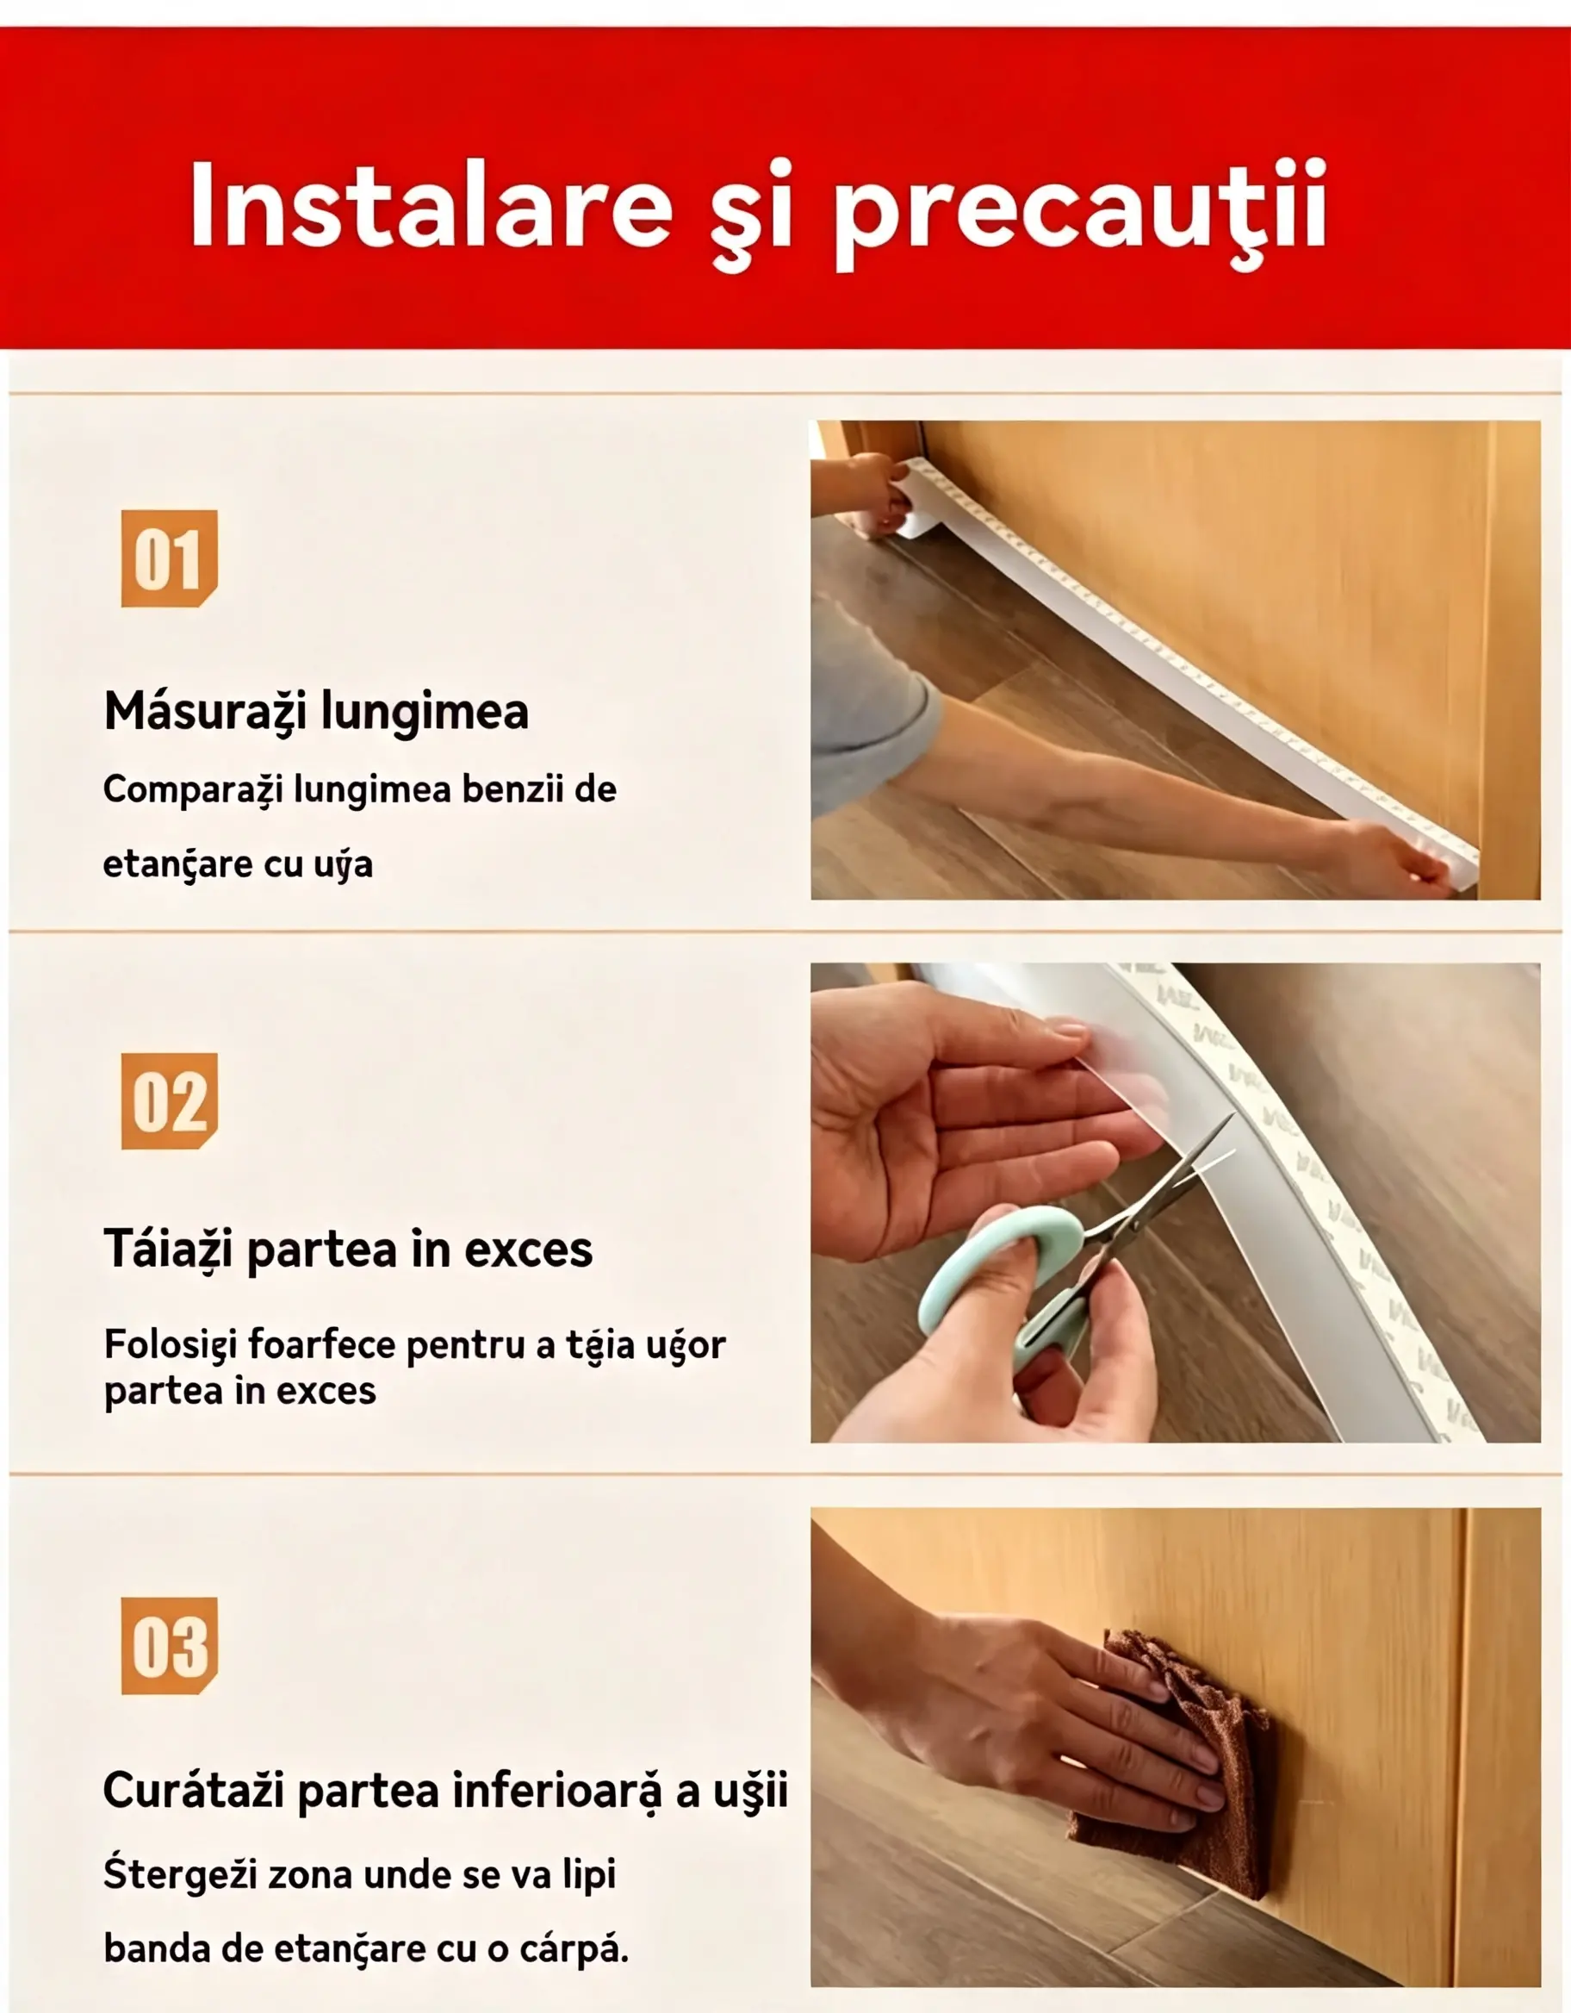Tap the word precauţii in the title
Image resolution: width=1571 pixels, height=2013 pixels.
(x=1080, y=214)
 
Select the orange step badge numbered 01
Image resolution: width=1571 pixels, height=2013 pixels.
(x=170, y=558)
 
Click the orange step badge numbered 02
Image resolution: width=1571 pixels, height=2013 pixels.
(x=170, y=1101)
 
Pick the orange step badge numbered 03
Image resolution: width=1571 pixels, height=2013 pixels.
(x=170, y=1645)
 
